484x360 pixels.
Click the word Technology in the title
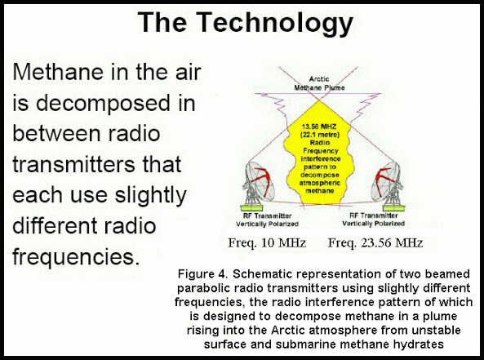click(275, 23)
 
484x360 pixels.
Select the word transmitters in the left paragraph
click(73, 164)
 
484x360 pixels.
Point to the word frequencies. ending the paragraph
click(76, 256)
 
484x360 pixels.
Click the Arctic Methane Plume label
click(319, 83)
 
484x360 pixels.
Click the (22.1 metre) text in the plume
click(320, 135)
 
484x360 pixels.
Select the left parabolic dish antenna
click(258, 181)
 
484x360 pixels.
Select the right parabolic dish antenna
click(387, 181)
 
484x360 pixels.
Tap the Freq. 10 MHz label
click(267, 243)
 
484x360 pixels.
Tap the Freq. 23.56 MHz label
click(375, 243)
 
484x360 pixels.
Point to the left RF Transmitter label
click(268, 216)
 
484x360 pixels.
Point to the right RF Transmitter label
click(374, 216)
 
